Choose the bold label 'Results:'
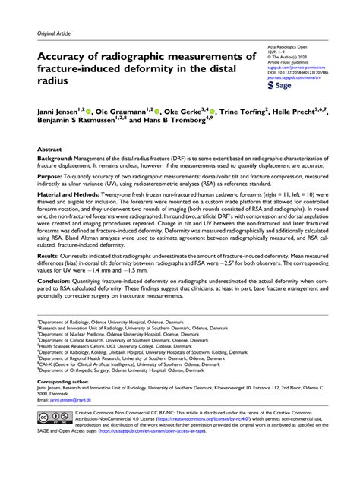pos(49,280)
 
